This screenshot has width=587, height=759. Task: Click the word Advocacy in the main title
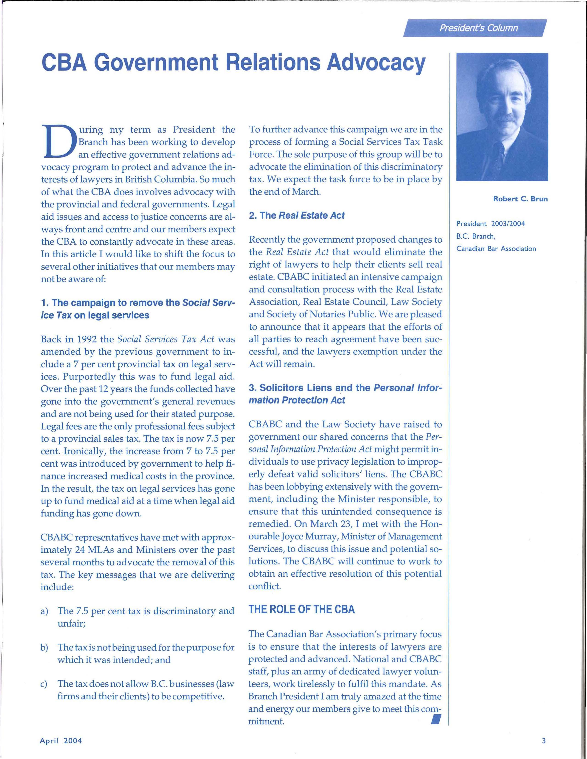tap(376, 62)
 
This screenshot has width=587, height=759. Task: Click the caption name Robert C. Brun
tap(520, 199)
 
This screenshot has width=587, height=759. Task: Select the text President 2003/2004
tap(490, 224)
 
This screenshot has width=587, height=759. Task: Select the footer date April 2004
tap(61, 741)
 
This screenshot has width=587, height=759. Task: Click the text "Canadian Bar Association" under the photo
tap(496, 249)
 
